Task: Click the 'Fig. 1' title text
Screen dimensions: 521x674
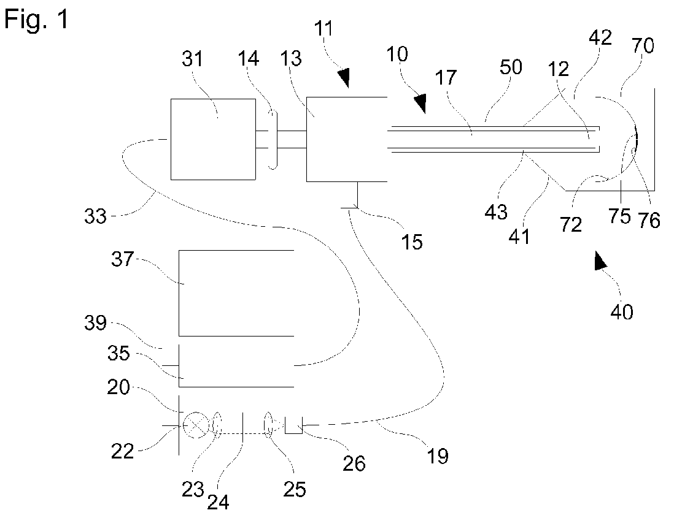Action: [36, 20]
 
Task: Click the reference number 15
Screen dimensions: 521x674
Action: [413, 241]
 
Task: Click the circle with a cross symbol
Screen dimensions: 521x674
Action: [196, 424]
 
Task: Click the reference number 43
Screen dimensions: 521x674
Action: [496, 212]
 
